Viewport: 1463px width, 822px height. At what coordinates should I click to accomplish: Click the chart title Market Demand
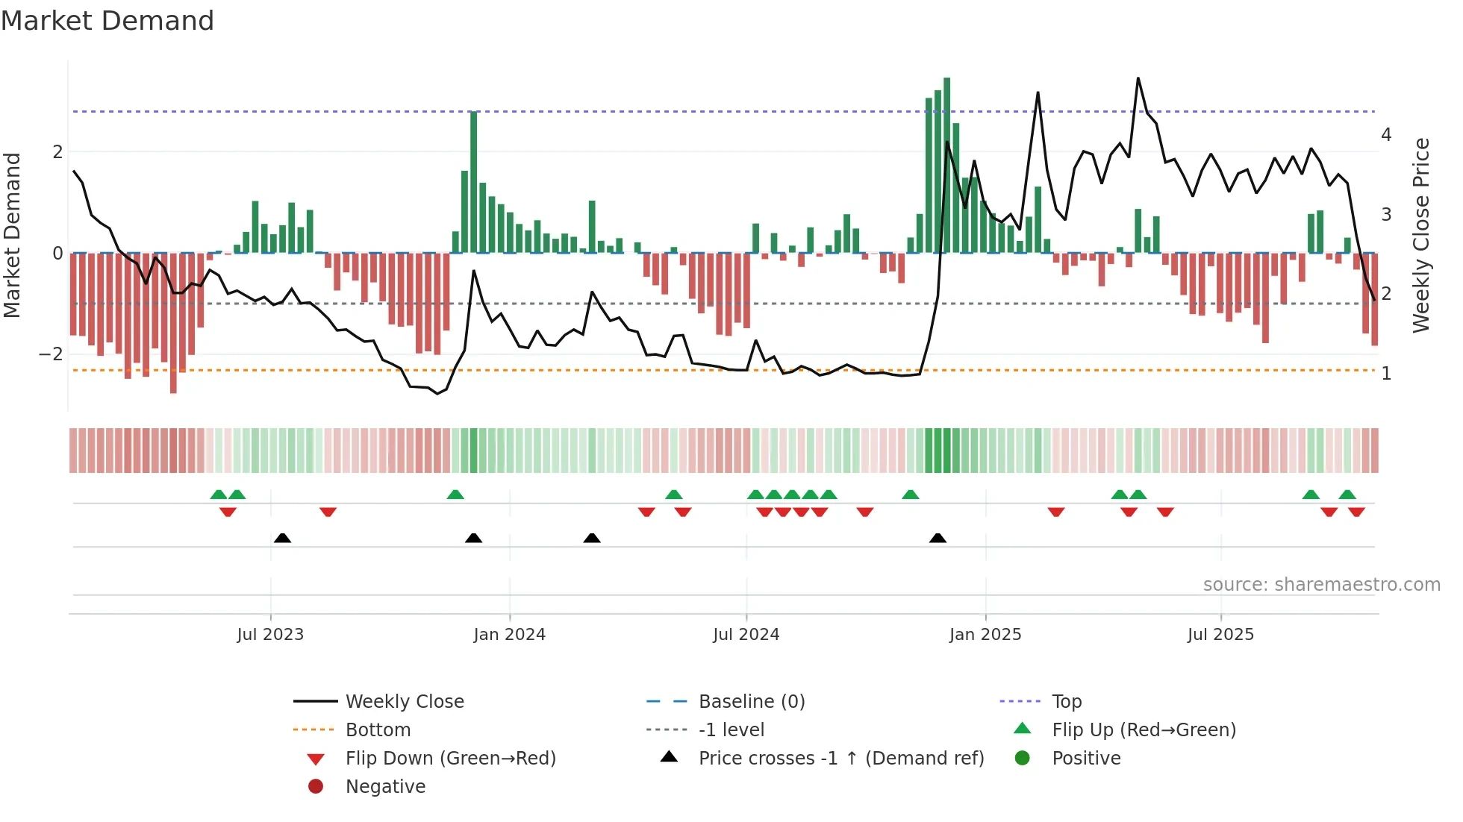coord(107,21)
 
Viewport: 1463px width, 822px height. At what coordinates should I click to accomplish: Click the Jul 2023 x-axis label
coord(270,635)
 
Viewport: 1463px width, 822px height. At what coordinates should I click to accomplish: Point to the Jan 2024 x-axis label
coord(509,635)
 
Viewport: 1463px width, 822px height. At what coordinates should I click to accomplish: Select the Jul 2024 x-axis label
coord(746,635)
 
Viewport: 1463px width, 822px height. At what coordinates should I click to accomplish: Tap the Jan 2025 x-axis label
coord(985,635)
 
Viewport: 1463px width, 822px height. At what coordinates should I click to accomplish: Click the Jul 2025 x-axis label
coord(1220,635)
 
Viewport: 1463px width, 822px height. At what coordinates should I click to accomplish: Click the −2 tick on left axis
coord(51,354)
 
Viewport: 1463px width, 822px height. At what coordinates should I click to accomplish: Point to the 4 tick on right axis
coord(1386,135)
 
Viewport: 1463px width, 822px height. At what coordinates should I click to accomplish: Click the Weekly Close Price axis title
coord(1421,235)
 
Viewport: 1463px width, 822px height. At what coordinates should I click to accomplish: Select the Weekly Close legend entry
coord(404,702)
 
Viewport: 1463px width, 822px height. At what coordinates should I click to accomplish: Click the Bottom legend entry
coord(378,730)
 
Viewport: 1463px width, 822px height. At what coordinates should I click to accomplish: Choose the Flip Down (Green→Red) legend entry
coord(450,759)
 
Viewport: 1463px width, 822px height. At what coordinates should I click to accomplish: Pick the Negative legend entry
coord(385,787)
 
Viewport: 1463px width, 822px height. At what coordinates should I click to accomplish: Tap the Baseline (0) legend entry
coord(751,702)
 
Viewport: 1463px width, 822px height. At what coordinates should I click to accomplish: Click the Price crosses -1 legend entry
coord(840,759)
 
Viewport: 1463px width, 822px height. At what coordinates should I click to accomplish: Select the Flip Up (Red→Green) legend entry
coord(1144,730)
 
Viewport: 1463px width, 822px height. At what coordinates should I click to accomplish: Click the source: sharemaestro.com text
coord(1321,585)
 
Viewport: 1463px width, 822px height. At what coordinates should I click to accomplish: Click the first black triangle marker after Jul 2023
coord(282,539)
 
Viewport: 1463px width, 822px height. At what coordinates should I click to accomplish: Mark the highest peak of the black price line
coord(1138,78)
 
